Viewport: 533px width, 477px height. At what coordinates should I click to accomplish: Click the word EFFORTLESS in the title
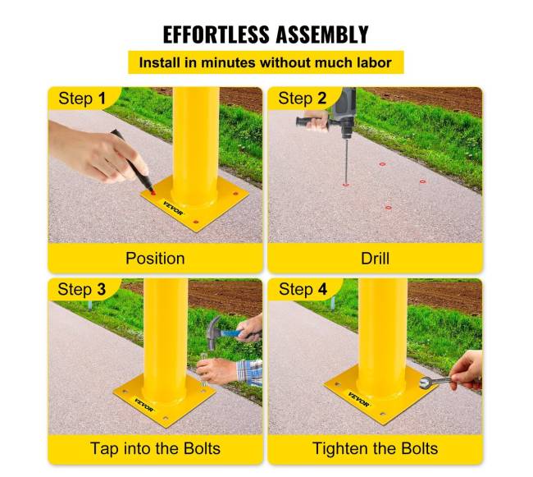[216, 34]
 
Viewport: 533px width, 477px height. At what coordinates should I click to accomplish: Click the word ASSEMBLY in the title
[322, 34]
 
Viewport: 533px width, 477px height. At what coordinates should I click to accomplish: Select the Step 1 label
[82, 99]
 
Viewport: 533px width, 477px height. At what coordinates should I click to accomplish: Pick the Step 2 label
[303, 99]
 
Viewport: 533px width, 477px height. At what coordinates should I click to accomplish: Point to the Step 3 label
[81, 289]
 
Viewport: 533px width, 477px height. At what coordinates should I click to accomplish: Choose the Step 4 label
[303, 289]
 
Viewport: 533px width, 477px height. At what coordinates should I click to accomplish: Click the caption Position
[155, 259]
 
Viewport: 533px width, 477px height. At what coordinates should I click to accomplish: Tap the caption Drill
[375, 259]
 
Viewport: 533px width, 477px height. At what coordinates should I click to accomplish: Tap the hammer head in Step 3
[213, 332]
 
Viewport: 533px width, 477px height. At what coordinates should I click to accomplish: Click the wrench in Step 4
[435, 382]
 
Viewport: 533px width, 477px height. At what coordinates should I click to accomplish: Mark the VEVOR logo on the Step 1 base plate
[173, 209]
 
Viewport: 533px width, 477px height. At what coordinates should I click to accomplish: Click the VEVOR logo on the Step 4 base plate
[358, 399]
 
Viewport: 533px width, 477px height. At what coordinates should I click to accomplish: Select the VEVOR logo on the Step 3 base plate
[143, 405]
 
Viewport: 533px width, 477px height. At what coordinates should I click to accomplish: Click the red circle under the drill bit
[346, 185]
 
